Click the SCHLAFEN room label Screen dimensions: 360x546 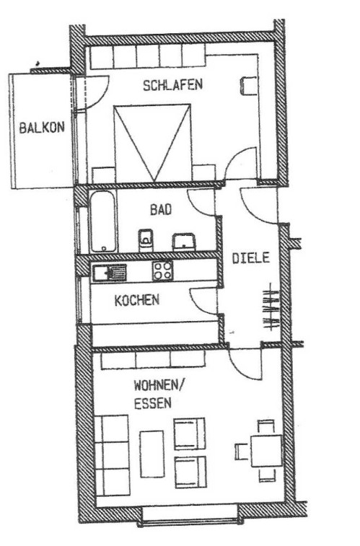tap(172, 85)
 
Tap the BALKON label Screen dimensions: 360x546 tap(42, 128)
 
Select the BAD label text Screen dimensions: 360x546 tap(161, 210)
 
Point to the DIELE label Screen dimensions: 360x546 tap(250, 258)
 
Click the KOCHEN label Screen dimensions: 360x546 tap(137, 301)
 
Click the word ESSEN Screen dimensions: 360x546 tap(153, 403)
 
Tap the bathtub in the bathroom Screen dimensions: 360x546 tap(103, 221)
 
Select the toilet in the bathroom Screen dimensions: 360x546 tap(146, 240)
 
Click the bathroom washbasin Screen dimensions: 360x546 tap(184, 242)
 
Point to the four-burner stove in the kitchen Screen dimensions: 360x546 tap(162, 270)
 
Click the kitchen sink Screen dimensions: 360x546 tap(109, 273)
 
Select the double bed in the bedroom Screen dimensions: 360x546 tap(152, 143)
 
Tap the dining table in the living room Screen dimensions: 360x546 tap(266, 451)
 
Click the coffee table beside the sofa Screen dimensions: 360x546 tap(152, 454)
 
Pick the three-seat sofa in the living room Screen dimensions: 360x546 tap(112, 455)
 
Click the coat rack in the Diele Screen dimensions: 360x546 tap(271, 306)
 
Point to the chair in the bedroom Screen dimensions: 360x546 tap(249, 86)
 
